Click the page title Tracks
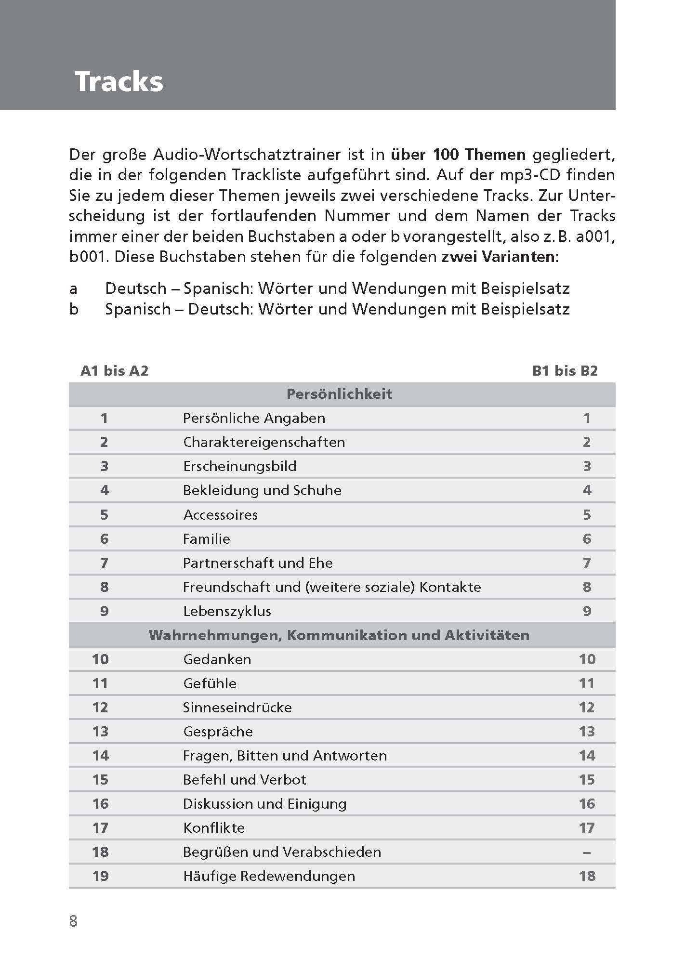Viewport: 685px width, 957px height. (x=119, y=81)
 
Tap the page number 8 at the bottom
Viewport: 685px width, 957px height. (x=73, y=921)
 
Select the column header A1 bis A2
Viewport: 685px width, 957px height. (x=115, y=370)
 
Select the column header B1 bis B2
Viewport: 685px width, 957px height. (x=565, y=370)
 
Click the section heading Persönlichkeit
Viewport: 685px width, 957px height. (x=339, y=394)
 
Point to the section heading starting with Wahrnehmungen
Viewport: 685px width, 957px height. (x=339, y=635)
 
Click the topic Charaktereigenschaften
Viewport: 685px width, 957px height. (x=264, y=442)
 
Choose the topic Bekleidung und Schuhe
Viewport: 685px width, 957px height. (x=262, y=490)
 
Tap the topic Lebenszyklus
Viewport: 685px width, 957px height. (x=227, y=611)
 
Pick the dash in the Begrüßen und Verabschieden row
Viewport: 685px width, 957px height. (x=587, y=852)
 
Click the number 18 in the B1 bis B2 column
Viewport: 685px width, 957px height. (x=587, y=876)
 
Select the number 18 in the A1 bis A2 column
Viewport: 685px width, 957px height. (x=100, y=852)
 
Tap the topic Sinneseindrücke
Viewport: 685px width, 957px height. (x=237, y=708)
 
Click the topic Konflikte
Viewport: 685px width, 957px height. (x=214, y=828)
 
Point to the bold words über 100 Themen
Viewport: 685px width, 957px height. (x=458, y=155)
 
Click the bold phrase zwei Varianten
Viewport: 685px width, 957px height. (x=498, y=256)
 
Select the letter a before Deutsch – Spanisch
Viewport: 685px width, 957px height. (x=73, y=289)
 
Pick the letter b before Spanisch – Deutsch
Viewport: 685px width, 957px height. (x=73, y=309)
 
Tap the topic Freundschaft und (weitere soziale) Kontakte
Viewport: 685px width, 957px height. (x=332, y=587)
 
